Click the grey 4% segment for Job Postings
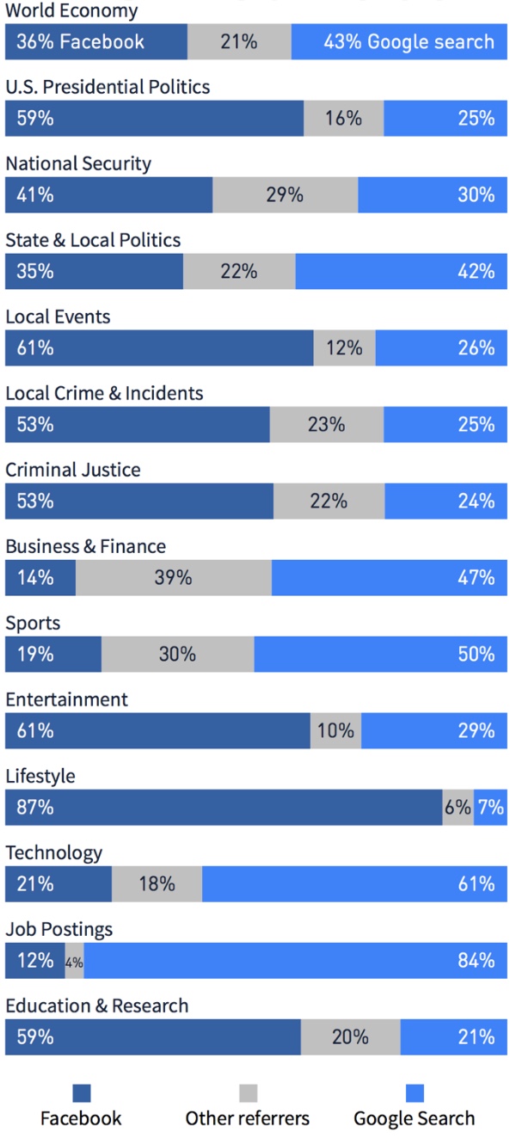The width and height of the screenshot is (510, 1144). (x=74, y=960)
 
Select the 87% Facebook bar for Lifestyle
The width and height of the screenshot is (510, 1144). (x=224, y=807)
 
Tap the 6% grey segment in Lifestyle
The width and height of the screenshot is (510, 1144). (x=458, y=807)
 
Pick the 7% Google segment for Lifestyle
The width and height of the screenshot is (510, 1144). (x=490, y=807)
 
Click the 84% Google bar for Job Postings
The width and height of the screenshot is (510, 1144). (x=296, y=960)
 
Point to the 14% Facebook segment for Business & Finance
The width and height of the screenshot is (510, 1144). (x=40, y=578)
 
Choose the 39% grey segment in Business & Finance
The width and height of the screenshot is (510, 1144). (x=174, y=578)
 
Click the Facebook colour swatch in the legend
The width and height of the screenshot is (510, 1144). (x=82, y=1093)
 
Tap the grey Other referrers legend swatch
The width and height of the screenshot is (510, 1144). (x=248, y=1093)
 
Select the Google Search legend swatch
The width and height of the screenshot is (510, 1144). (x=415, y=1093)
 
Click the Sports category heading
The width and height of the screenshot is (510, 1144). (x=33, y=624)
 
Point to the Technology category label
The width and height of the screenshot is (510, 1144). (x=53, y=853)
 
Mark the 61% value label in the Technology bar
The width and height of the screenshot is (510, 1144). (x=476, y=883)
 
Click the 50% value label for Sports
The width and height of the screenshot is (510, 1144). (x=476, y=654)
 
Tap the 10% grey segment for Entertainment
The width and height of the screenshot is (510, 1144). (x=335, y=730)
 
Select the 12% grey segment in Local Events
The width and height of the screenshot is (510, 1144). (x=344, y=348)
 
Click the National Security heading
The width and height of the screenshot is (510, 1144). (x=78, y=163)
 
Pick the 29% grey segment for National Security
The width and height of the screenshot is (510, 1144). (x=285, y=194)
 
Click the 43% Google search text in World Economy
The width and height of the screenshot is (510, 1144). (x=409, y=41)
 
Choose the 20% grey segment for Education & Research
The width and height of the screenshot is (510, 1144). (x=350, y=1036)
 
